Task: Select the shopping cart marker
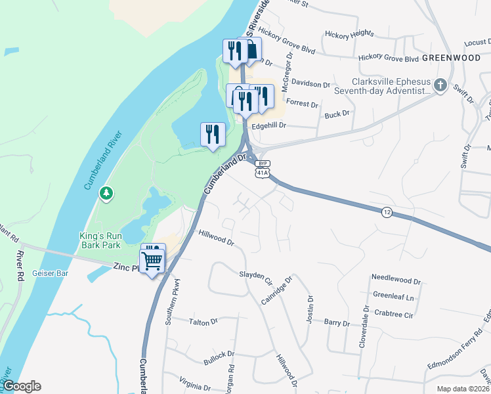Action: point(152,261)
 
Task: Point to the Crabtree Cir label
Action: point(393,315)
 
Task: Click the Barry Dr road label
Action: point(336,322)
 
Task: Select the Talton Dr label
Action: point(203,322)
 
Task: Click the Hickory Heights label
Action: point(349,33)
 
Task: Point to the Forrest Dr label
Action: point(302,104)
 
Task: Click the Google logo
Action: point(22,386)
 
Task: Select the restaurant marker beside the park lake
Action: point(213,135)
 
